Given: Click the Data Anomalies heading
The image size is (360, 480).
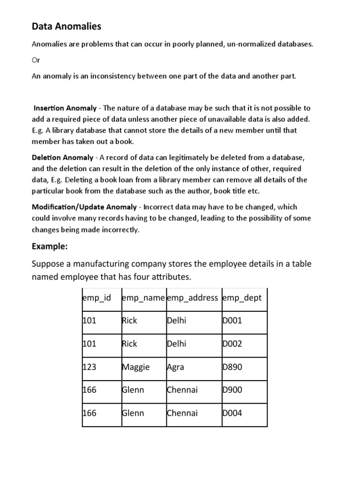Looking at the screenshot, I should point(66,27).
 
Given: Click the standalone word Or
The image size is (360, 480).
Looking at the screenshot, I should point(36,60).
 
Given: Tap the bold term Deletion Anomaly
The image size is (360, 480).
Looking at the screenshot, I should point(62,157).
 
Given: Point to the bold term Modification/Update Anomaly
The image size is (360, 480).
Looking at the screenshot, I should point(84,207).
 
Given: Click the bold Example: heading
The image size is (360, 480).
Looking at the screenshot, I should point(50,246).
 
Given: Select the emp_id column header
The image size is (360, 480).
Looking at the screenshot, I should point(97,298).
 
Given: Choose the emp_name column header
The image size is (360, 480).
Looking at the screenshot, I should point(143,298).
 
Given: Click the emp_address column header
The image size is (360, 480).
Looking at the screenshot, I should point(192,298).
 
